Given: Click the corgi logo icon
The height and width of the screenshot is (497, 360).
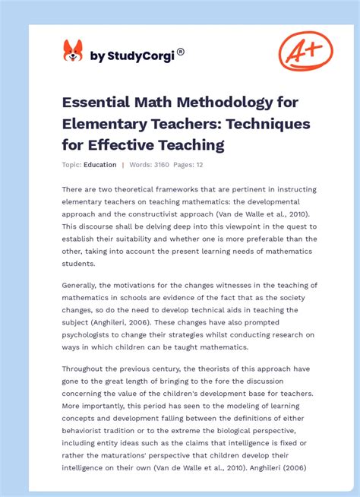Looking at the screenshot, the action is click(72, 51).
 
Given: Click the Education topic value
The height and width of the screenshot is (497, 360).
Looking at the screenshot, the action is click(100, 165).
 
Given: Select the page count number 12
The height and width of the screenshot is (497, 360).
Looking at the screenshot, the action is click(198, 165).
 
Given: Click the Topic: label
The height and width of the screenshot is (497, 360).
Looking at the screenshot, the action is click(71, 165).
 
